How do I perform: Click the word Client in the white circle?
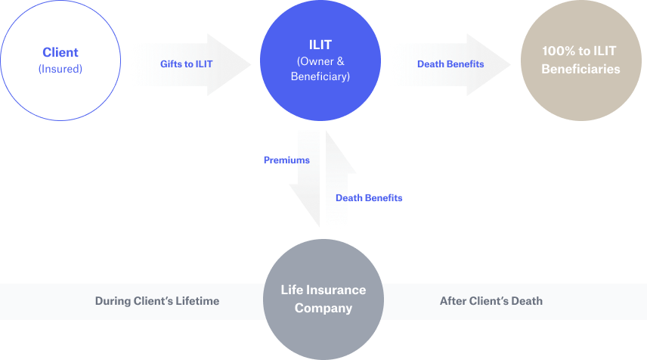tap(60, 53)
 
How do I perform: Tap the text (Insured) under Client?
tap(60, 69)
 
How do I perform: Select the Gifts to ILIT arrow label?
tap(186, 64)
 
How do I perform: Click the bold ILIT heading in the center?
tap(320, 45)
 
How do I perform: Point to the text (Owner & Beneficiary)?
tap(320, 69)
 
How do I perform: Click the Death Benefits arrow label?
tap(450, 64)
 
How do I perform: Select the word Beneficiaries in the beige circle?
tap(580, 69)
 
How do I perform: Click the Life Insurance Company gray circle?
tap(323, 299)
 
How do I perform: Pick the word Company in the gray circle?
tap(323, 308)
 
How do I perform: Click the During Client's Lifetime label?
tap(157, 301)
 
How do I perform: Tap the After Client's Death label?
tap(491, 301)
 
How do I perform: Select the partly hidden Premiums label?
tap(295, 160)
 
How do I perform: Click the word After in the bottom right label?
tap(453, 301)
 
